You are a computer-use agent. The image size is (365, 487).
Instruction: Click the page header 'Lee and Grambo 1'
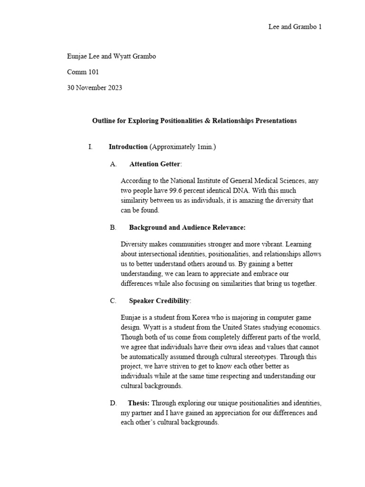click(x=295, y=27)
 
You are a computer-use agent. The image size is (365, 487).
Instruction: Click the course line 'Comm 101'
click(x=83, y=72)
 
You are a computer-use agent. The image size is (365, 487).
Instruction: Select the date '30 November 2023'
click(x=95, y=88)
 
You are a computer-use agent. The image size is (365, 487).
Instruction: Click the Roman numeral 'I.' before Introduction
click(x=90, y=147)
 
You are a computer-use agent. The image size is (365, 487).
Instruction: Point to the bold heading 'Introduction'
click(x=128, y=147)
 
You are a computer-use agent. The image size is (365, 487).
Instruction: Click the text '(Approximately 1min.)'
click(x=182, y=147)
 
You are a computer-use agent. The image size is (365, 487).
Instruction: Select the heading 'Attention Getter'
click(x=154, y=165)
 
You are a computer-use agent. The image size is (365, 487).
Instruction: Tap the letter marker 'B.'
click(x=113, y=228)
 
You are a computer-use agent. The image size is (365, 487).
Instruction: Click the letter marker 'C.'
click(x=113, y=301)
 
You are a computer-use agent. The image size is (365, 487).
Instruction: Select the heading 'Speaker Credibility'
click(x=159, y=301)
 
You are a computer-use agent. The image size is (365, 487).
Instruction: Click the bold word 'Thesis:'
click(x=138, y=403)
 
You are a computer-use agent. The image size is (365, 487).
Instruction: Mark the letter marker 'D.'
click(x=113, y=403)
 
